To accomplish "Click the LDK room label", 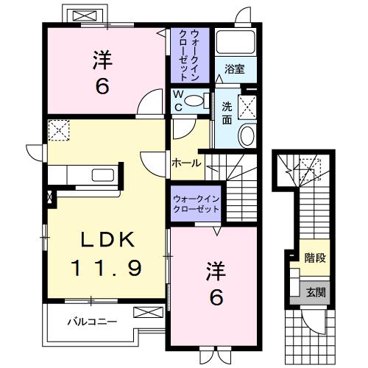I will (x=107, y=239).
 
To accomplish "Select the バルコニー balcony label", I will (x=92, y=322).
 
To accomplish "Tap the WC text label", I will (x=179, y=100).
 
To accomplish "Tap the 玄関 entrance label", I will (x=316, y=291).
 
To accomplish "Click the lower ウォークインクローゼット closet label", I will (x=197, y=204).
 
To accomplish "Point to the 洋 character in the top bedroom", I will (x=102, y=60).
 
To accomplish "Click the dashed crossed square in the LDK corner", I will (x=58, y=130).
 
